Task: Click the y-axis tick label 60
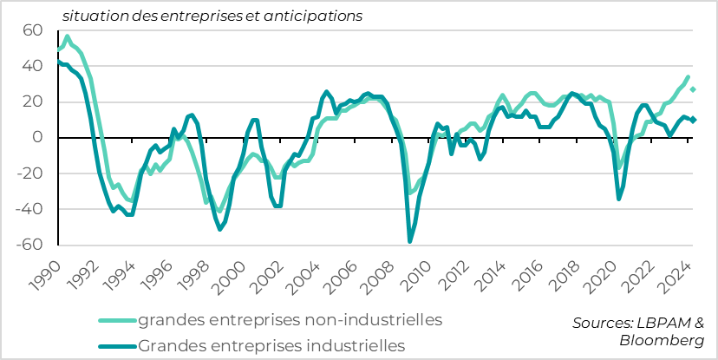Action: point(32,30)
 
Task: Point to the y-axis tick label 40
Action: point(32,66)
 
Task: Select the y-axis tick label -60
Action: point(29,245)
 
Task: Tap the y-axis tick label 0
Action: point(37,137)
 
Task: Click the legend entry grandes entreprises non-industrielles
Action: point(290,319)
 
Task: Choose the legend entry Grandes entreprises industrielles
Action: point(271,345)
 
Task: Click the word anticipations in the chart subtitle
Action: point(295,16)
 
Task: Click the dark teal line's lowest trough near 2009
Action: point(410,241)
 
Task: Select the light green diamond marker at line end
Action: point(693,89)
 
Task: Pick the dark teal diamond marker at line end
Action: point(693,120)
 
